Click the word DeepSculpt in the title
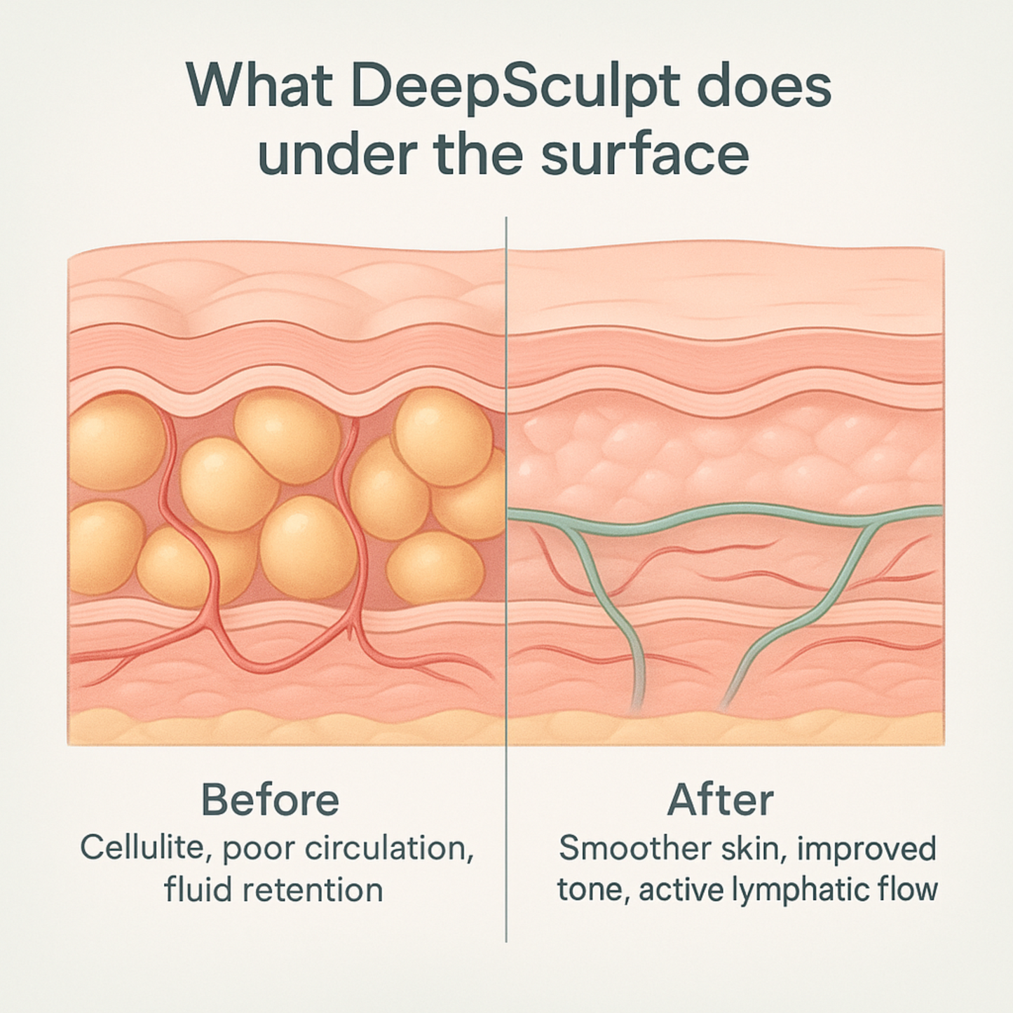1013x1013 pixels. tap(515, 88)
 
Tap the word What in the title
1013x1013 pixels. tap(259, 86)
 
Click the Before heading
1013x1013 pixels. tap(270, 800)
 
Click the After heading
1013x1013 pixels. tap(721, 800)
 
